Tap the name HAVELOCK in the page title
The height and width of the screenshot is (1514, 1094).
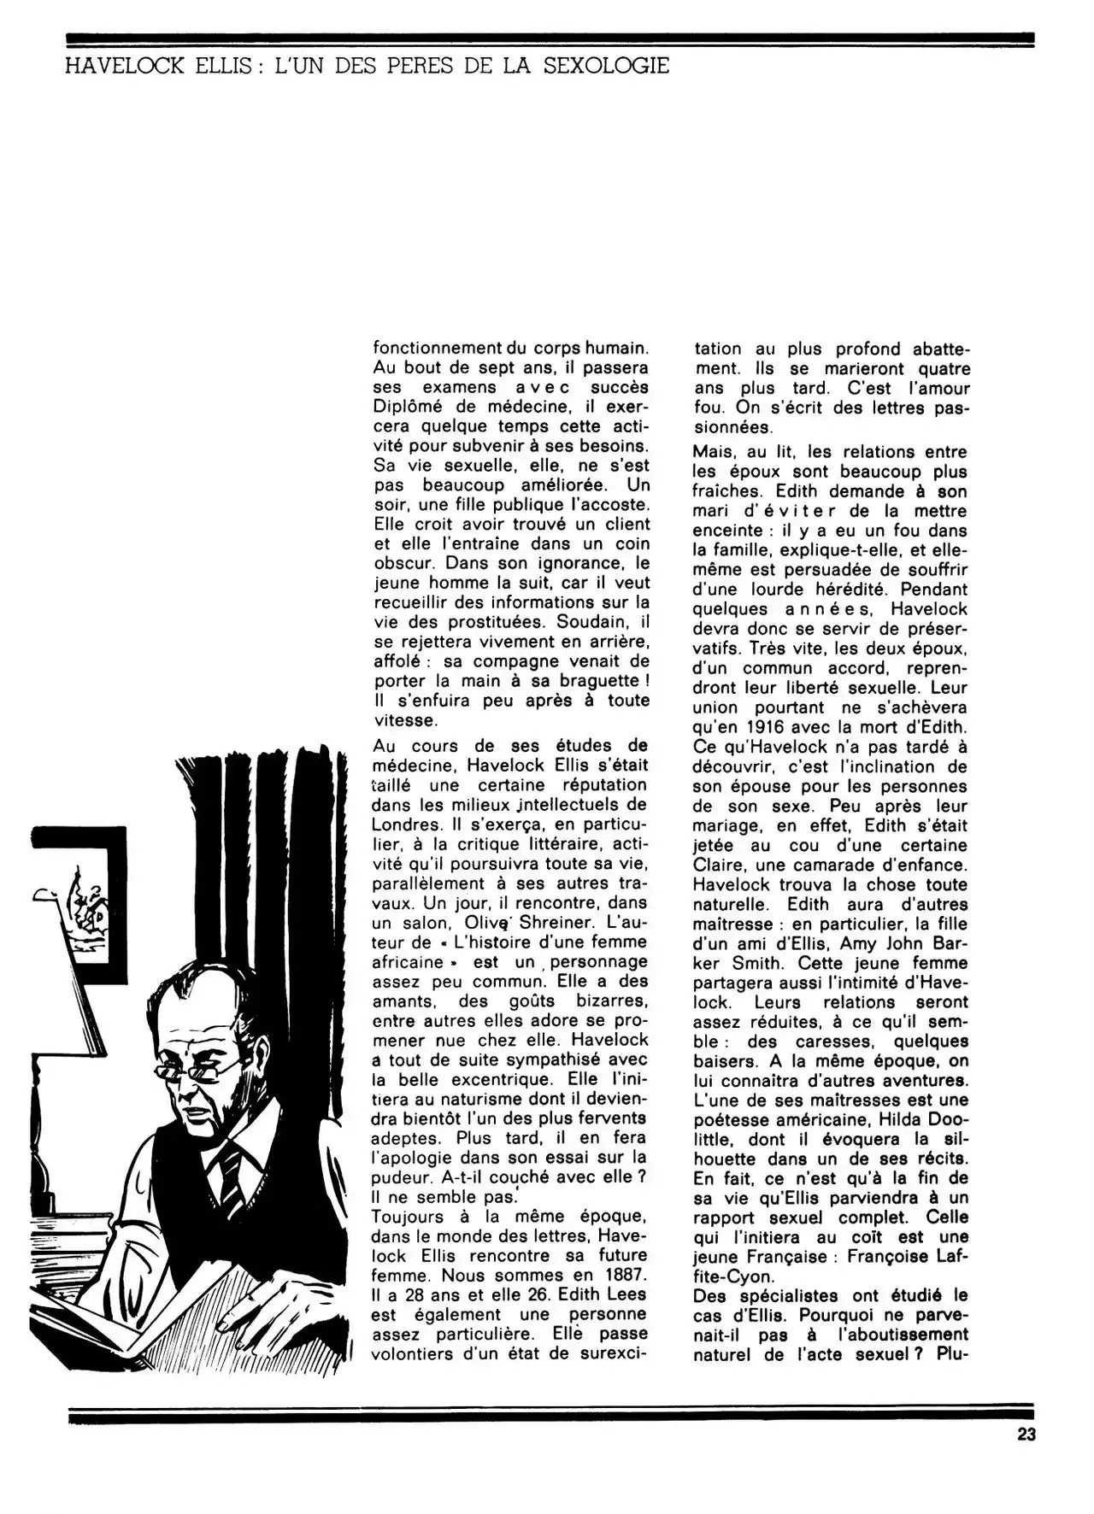click(123, 66)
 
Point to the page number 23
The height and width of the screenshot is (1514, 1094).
click(1026, 1435)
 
